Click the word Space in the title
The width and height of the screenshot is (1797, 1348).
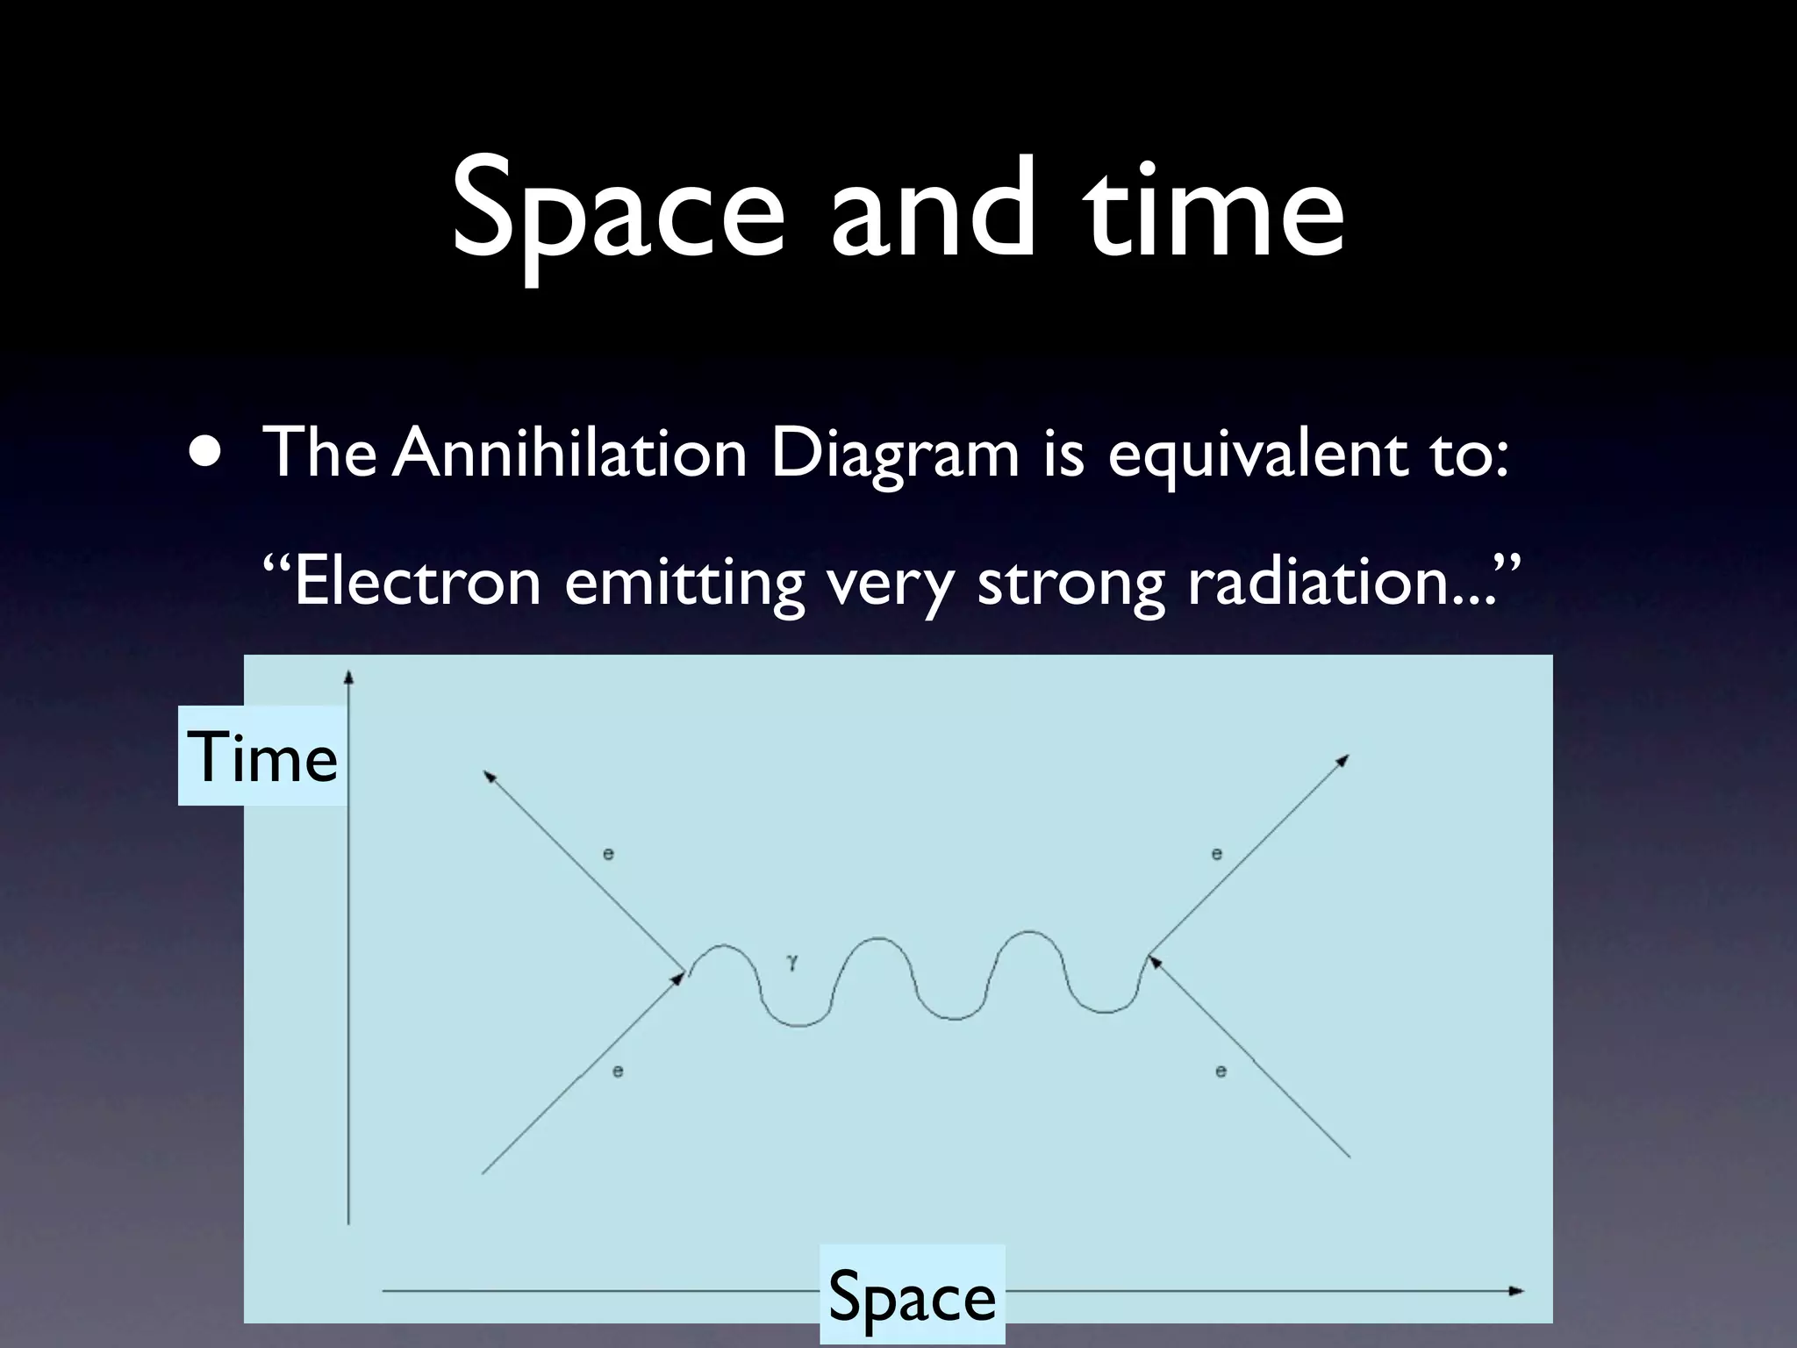click(618, 211)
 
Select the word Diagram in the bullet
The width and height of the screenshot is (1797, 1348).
click(895, 455)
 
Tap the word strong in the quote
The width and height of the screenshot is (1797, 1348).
click(1071, 583)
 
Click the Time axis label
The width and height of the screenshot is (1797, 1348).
click(263, 756)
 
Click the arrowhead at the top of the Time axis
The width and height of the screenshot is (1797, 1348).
click(348, 677)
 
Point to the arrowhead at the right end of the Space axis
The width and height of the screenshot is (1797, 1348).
click(1515, 1291)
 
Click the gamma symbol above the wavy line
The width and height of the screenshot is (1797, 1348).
click(792, 963)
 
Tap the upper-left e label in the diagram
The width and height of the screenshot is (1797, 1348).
click(608, 853)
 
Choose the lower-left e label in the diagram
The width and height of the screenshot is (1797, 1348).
click(618, 1071)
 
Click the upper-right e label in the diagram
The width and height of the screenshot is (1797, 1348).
click(1216, 853)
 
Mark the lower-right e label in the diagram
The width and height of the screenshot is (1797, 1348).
click(1221, 1071)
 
